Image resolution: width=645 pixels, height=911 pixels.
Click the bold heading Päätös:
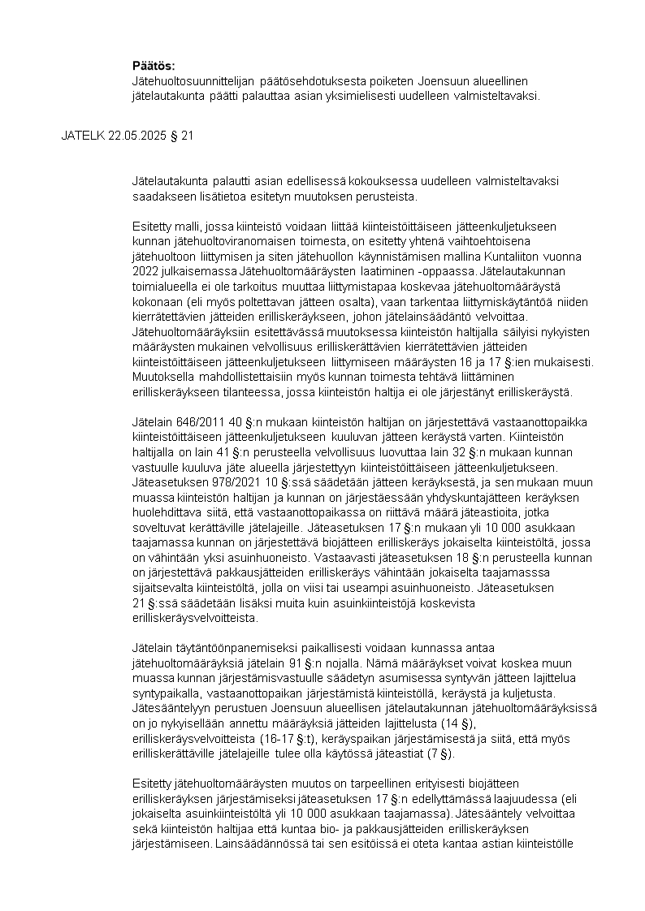(154, 66)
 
